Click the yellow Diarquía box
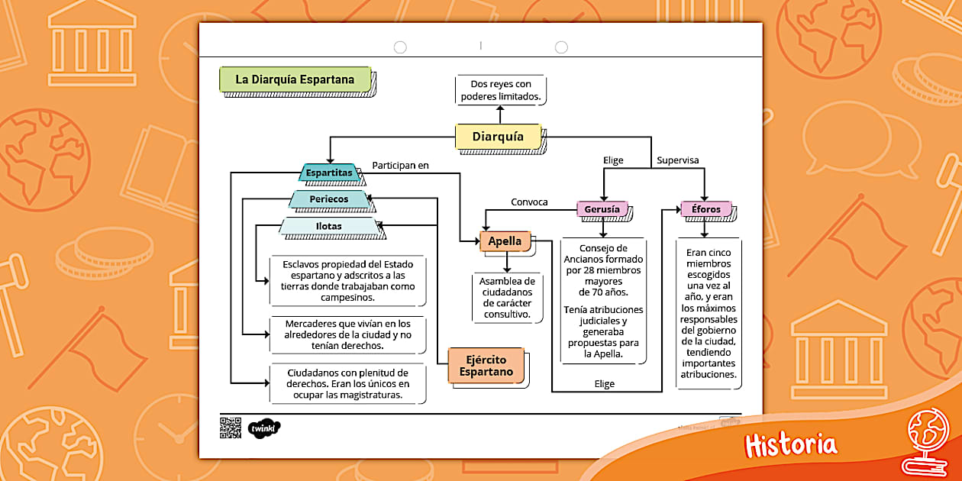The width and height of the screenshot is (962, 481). pos(498,137)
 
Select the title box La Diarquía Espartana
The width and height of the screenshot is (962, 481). pos(295,79)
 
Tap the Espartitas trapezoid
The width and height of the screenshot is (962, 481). pos(329,173)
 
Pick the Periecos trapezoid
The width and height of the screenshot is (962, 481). pos(329,199)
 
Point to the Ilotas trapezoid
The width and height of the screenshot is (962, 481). pos(329,226)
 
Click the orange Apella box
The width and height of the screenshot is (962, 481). pos(505,241)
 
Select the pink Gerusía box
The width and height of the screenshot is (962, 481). pos(602,209)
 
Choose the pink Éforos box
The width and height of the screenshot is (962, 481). pos(706,209)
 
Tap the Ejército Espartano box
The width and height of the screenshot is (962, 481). pos(486,366)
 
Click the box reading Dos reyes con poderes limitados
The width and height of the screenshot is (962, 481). pos(501,90)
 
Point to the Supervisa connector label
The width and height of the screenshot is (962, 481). pos(678,160)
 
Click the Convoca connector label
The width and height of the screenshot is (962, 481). pos(529,202)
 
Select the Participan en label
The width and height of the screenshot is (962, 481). pos(401,165)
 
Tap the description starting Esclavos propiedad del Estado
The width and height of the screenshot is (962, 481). pos(348,281)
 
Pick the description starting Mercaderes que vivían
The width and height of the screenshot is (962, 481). pos(348,335)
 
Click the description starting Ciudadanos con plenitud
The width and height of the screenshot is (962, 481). pos(348,384)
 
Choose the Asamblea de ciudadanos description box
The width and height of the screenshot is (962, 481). pos(508,297)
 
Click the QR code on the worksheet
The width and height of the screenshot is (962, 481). pos(231,428)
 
